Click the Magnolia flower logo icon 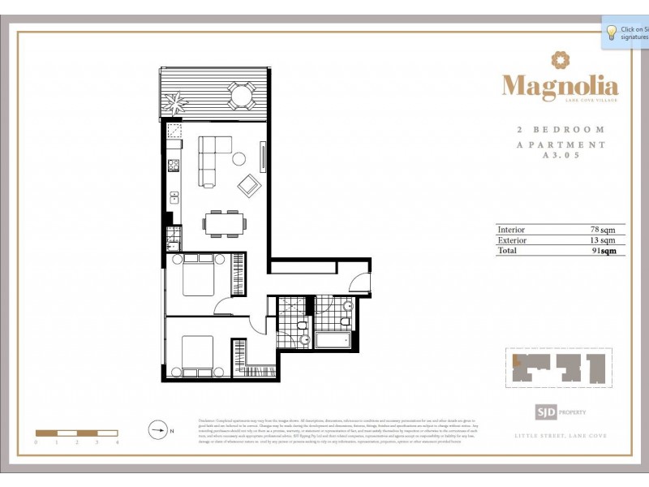560,60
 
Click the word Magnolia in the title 560,85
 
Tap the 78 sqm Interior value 603,230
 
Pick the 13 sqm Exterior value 603,240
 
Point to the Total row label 508,251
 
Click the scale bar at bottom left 77,433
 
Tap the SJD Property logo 559,412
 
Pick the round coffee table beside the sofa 240,159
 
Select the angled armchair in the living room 248,187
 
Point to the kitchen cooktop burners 173,166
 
